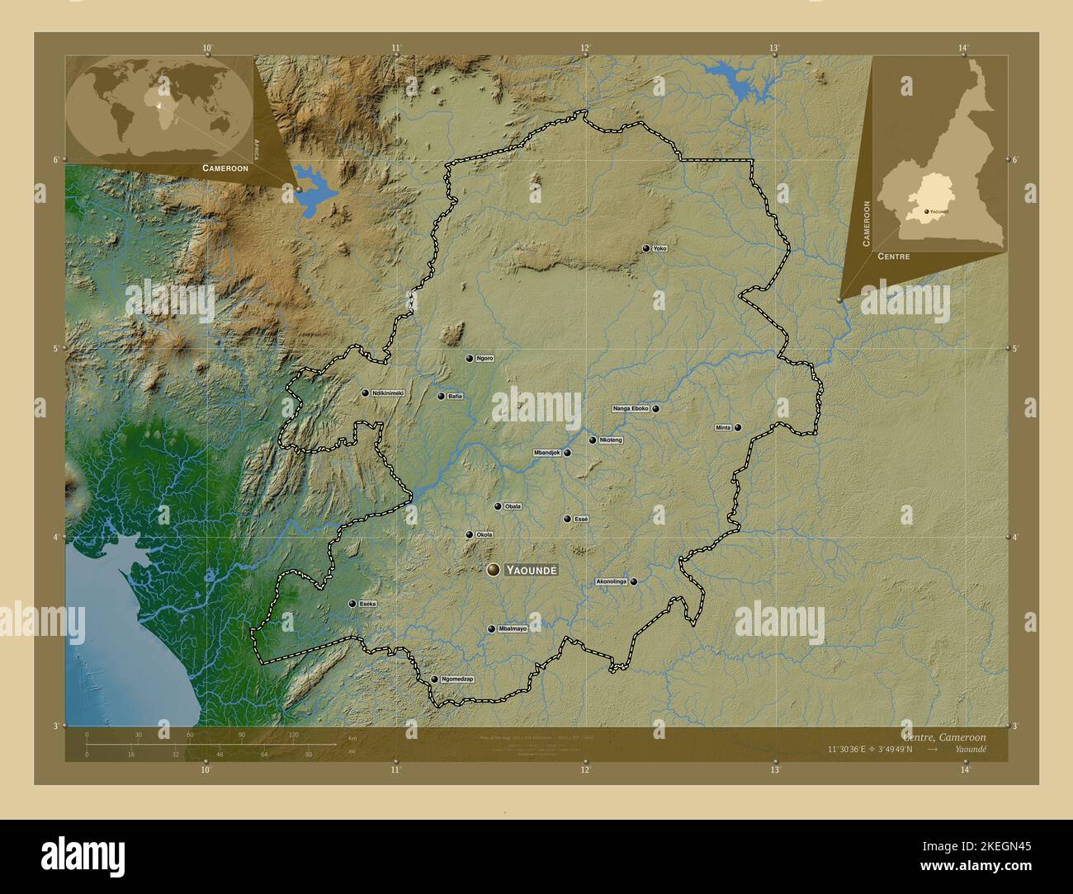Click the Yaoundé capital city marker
(x=494, y=570)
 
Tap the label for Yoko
(x=659, y=248)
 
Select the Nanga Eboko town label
(x=631, y=408)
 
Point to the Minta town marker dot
(x=737, y=427)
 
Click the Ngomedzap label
(x=457, y=679)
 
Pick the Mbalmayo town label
(x=513, y=628)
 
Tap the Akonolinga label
(x=612, y=581)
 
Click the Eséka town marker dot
(x=353, y=604)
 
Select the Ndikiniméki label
(x=387, y=393)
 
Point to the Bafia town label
(x=456, y=396)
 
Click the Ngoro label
(x=485, y=358)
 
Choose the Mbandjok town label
(x=547, y=453)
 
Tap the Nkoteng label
(x=611, y=440)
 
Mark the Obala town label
(x=513, y=506)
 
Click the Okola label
(x=485, y=534)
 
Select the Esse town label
(x=581, y=519)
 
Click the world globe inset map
(x=159, y=108)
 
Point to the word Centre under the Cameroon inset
(x=894, y=256)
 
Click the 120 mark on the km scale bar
(x=293, y=734)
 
